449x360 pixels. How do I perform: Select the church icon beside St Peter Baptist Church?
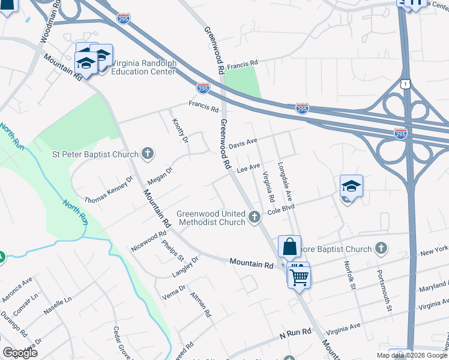coord(148,154)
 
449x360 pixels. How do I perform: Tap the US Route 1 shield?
coord(406,85)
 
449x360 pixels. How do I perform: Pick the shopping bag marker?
coord(289,246)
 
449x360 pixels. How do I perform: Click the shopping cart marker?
coord(298,276)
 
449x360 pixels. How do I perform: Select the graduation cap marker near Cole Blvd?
coord(351,186)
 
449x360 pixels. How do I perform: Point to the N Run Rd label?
coord(295,331)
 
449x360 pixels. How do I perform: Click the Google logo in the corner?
coord(20,353)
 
